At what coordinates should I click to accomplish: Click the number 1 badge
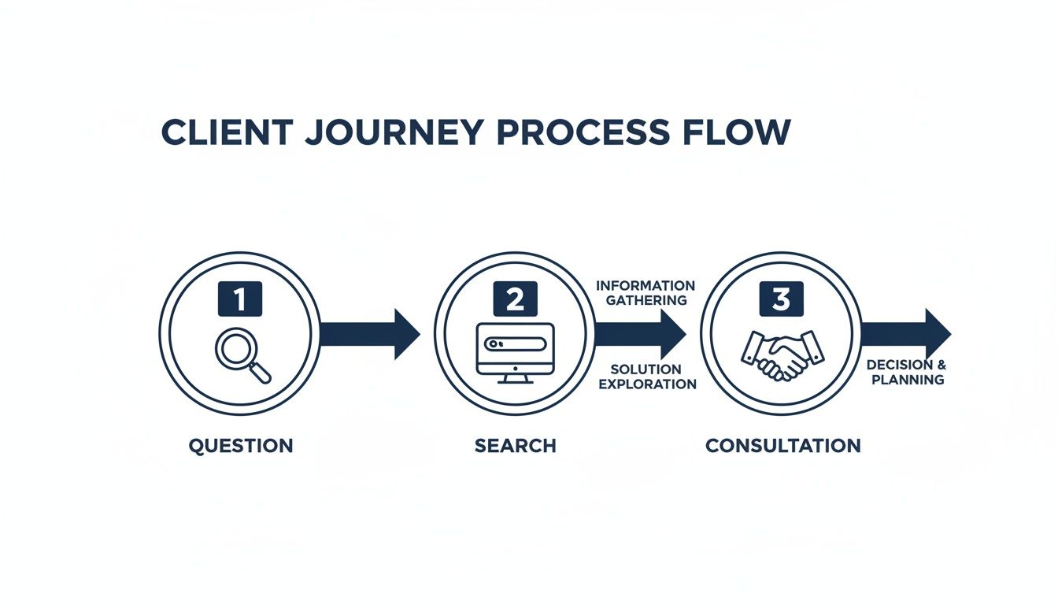point(239,299)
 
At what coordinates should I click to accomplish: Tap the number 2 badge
point(515,299)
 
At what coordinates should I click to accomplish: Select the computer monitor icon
point(515,353)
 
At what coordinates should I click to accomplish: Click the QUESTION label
point(240,446)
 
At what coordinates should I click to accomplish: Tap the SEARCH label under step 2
point(515,446)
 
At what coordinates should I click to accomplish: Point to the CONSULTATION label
point(782,446)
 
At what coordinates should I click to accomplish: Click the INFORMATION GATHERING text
point(646,292)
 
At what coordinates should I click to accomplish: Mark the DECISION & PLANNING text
point(906,373)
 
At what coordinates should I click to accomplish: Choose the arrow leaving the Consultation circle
point(905,334)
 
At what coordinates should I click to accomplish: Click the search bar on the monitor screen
point(515,344)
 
